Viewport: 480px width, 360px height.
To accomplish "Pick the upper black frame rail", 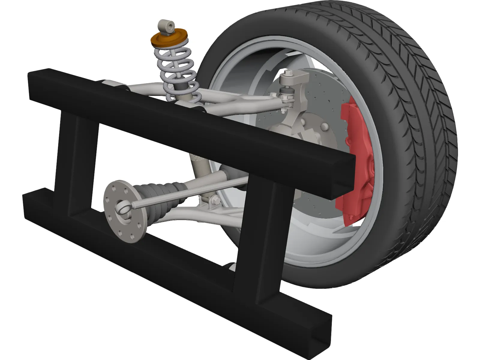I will pos(192,123).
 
